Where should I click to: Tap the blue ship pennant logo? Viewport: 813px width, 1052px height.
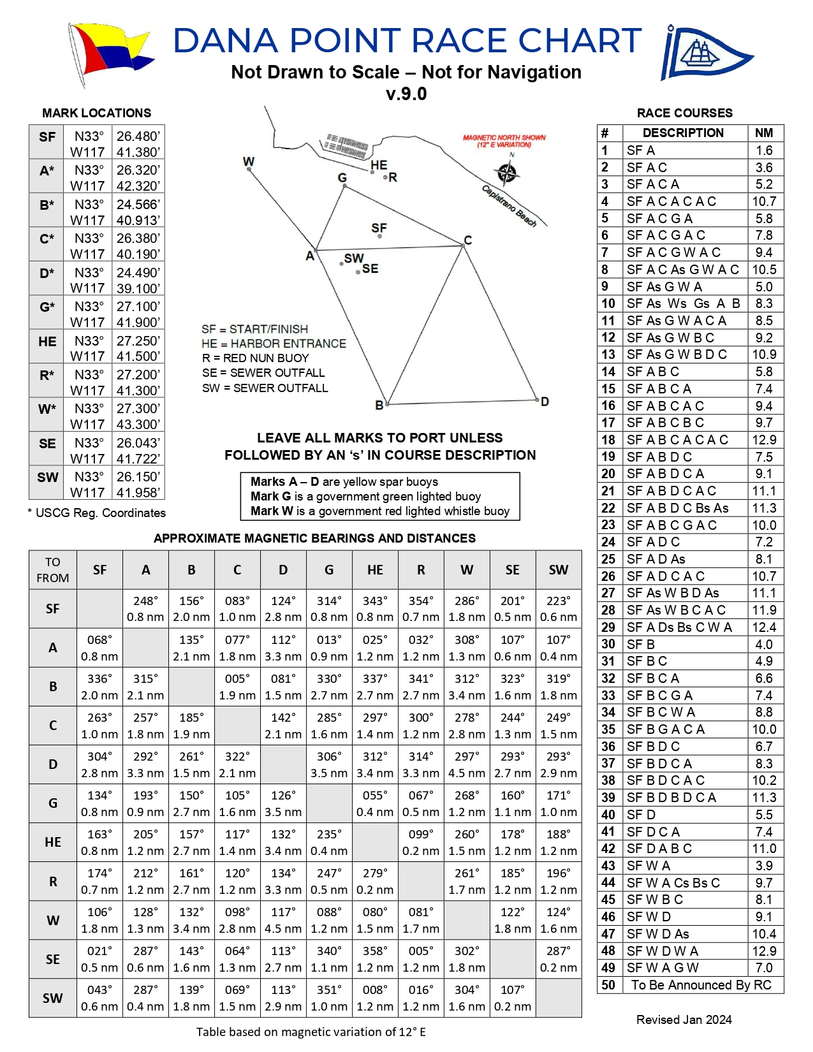(705, 54)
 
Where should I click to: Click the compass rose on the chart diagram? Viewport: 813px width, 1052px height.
(507, 172)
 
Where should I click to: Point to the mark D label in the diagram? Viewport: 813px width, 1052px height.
(545, 402)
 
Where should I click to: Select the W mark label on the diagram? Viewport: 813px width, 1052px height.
(249, 162)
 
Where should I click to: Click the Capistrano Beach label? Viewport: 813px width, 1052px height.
(509, 205)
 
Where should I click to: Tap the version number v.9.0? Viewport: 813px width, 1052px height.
(406, 94)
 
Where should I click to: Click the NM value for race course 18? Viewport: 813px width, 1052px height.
(764, 440)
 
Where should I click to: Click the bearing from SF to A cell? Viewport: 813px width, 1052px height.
(145, 609)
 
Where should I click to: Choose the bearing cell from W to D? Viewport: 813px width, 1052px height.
(283, 920)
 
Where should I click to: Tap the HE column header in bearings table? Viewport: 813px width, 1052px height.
(375, 570)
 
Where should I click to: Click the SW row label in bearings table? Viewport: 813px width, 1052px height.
(53, 998)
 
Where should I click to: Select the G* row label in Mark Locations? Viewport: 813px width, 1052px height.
(47, 307)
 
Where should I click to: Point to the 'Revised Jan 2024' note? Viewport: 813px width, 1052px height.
(684, 1019)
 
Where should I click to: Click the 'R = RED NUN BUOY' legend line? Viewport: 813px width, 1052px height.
(255, 358)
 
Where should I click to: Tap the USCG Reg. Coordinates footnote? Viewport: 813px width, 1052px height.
(97, 513)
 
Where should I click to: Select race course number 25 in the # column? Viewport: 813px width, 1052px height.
(608, 559)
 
